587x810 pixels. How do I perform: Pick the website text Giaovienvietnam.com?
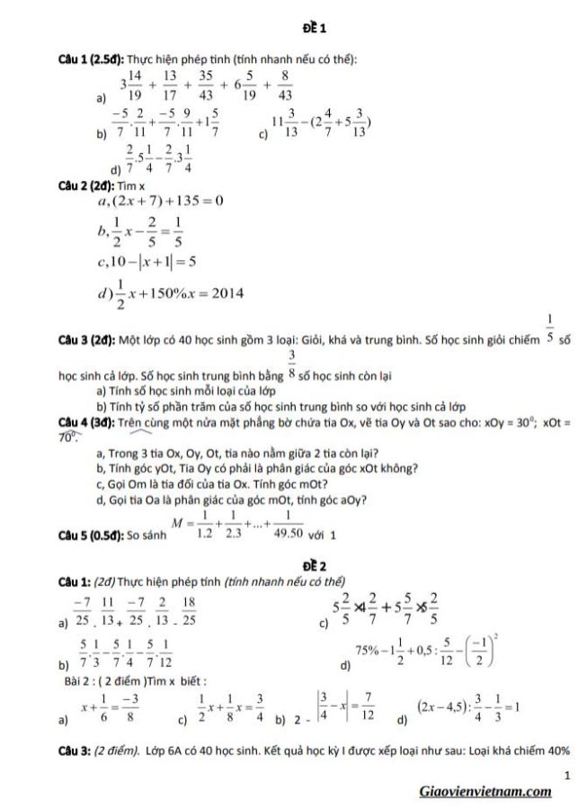[485, 791]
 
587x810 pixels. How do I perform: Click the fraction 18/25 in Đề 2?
[190, 612]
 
